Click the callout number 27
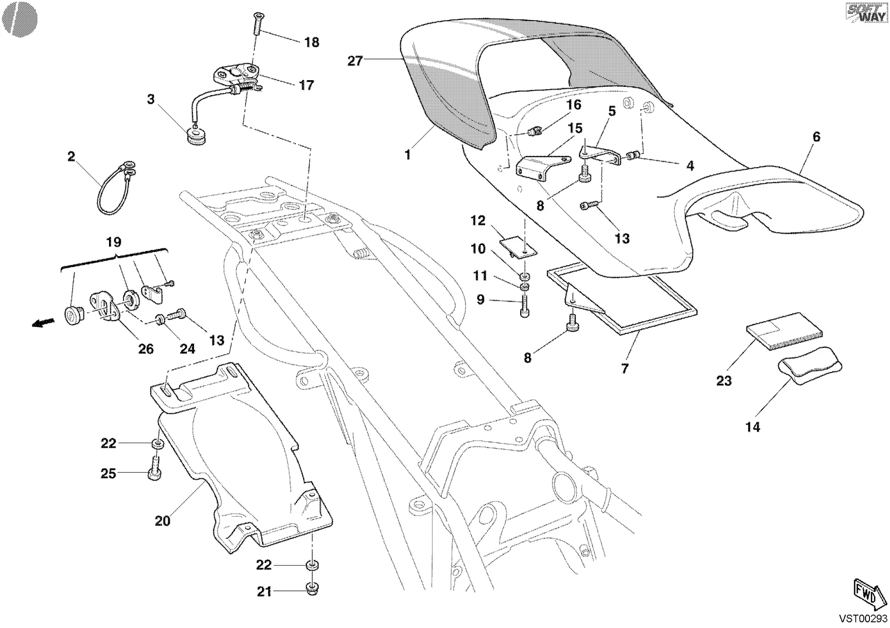click(x=355, y=61)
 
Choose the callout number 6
click(x=816, y=137)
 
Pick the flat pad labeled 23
click(x=784, y=332)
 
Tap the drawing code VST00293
click(x=863, y=619)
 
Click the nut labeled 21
click(x=311, y=588)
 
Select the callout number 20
click(x=162, y=521)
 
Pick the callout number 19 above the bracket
click(x=113, y=242)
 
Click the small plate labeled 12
click(x=518, y=247)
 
